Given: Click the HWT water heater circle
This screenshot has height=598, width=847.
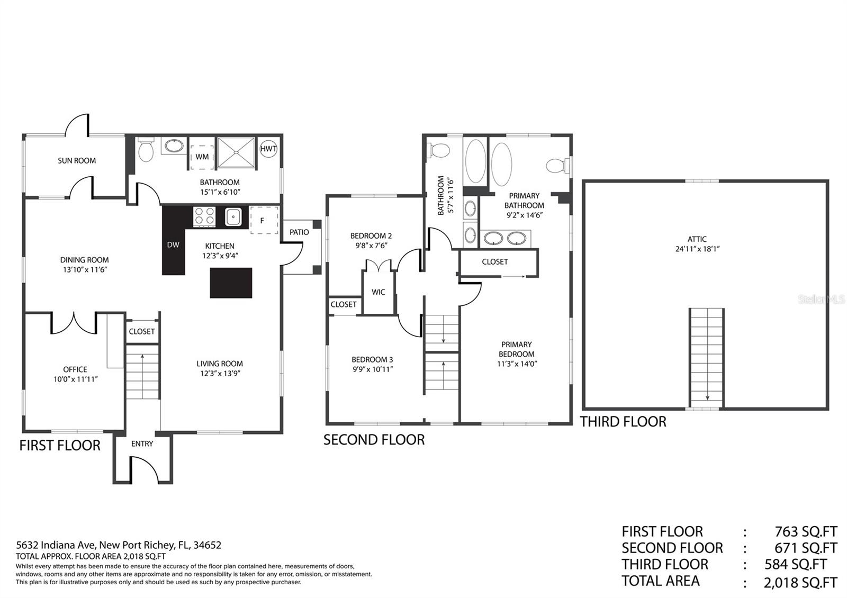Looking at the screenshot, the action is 268,149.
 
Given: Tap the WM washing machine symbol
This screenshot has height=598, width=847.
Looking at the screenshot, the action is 202,157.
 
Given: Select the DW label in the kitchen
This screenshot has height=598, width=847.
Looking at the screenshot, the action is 173,245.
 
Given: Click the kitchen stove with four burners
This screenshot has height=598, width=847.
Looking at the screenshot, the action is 204,216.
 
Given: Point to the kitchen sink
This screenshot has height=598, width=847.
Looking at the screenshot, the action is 233,216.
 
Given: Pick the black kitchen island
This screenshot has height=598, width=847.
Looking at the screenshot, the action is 231,283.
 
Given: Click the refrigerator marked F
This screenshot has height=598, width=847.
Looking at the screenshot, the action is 264,220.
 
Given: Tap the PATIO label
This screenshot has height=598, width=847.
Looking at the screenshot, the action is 299,232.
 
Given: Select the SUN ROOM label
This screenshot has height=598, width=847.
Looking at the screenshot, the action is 77,161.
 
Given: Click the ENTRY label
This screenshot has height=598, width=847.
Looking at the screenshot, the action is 142,443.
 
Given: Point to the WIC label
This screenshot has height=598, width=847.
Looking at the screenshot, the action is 378,292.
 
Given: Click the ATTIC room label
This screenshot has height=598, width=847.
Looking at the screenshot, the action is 697,239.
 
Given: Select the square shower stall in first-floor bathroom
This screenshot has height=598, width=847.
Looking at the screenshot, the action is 236,152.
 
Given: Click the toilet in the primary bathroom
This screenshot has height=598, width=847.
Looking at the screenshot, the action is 557,165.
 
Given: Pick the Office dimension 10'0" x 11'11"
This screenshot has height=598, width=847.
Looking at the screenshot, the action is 76,379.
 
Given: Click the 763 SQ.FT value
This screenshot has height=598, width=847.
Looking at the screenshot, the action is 806,531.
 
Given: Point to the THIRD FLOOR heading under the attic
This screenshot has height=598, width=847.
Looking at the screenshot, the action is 623,421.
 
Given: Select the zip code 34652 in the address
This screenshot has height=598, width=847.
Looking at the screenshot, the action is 207,545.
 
